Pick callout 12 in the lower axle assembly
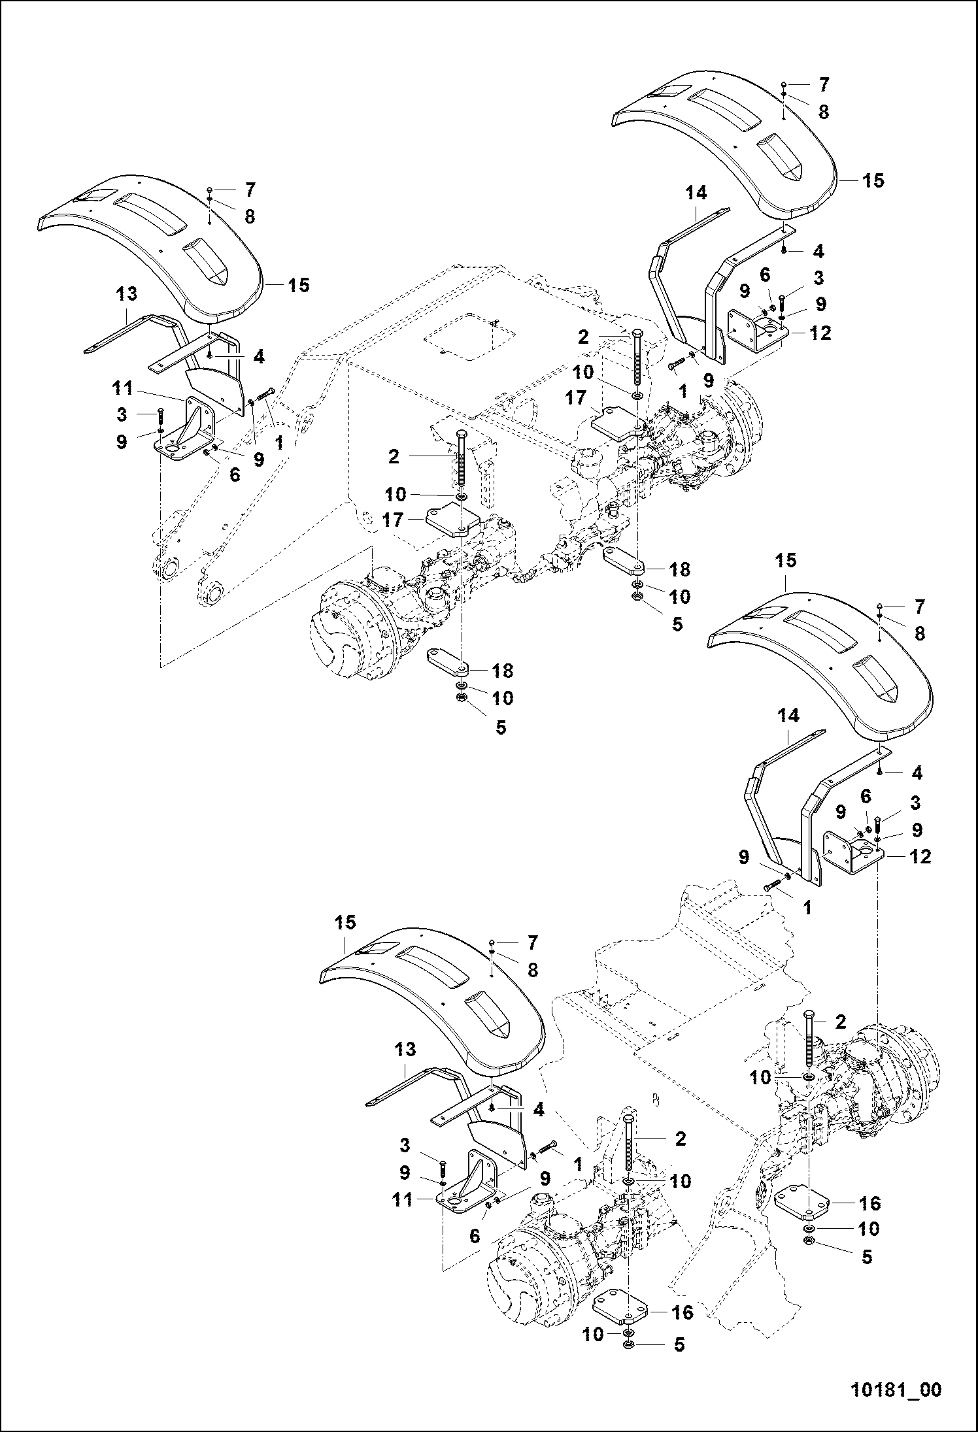[920, 856]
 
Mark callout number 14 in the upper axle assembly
[697, 193]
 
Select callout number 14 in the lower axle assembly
[789, 716]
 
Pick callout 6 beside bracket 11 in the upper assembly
[234, 475]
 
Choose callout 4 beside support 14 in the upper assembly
[818, 251]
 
